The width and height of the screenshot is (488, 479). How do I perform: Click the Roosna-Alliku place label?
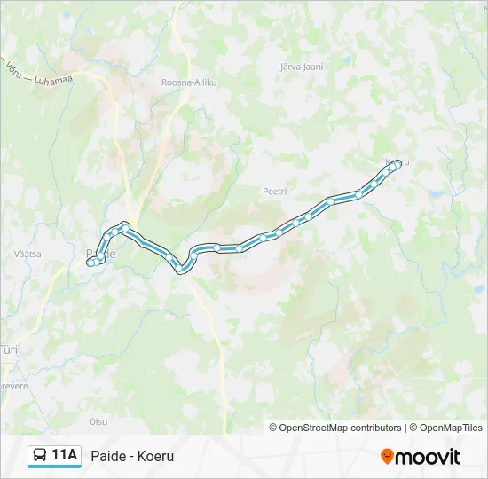point(189,82)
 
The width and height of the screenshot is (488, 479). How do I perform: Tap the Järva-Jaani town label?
point(301,67)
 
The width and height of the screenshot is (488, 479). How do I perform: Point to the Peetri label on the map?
point(273,191)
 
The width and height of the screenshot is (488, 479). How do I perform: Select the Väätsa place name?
point(28,254)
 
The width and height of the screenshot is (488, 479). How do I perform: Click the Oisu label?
point(98,421)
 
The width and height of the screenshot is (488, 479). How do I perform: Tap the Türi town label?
point(9,350)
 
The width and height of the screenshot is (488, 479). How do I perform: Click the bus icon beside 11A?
point(40,456)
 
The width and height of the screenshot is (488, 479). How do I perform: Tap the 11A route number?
point(65,456)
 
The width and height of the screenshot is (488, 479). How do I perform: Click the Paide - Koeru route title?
point(132,456)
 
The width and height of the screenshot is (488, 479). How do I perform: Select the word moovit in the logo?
point(428,457)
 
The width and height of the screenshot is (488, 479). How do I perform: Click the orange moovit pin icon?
point(387,456)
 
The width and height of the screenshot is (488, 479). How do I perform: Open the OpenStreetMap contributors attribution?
point(341,428)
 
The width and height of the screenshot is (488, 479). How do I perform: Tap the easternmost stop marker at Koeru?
point(397,164)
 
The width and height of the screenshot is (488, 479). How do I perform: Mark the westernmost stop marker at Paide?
point(90,263)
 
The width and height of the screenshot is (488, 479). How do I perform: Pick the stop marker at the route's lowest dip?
point(181,269)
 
